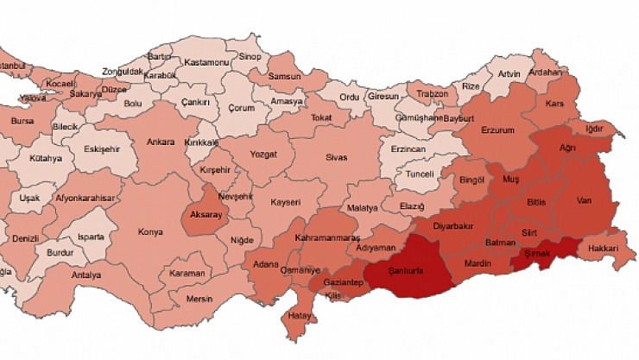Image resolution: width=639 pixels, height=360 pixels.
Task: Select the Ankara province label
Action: (x=161, y=142)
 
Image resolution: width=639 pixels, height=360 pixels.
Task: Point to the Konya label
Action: (x=150, y=231)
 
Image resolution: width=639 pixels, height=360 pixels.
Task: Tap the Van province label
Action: (x=583, y=200)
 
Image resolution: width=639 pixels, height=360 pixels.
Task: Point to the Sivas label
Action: (x=336, y=157)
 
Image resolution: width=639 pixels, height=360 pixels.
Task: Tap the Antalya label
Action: (x=86, y=275)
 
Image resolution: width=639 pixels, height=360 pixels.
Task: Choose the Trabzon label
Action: (x=432, y=93)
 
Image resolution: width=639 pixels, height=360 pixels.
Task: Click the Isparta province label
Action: (x=91, y=237)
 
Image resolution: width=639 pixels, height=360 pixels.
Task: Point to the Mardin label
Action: (x=478, y=262)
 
